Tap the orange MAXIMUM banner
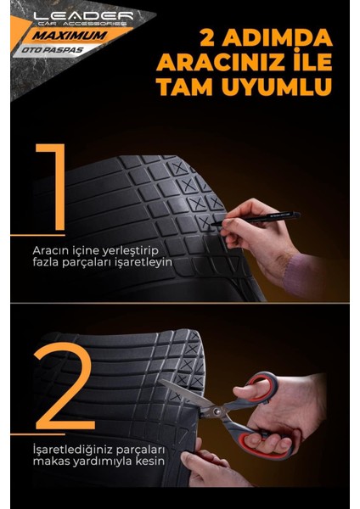(x=79, y=38)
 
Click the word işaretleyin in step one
(x=142, y=263)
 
